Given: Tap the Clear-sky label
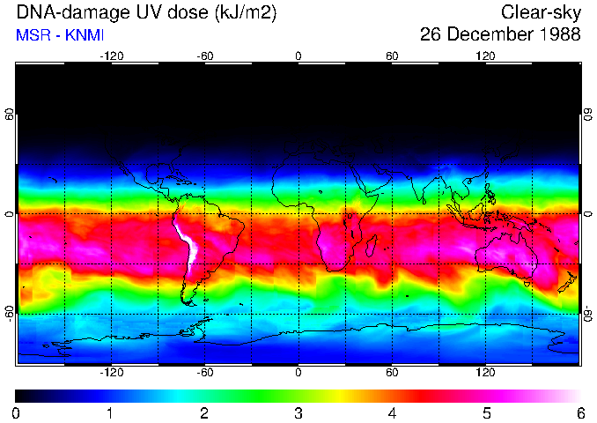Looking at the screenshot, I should tap(541, 13).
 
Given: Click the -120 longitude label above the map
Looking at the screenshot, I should tap(111, 56).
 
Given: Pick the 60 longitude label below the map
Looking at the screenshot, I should tap(392, 373).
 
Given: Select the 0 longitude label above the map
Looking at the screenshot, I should tap(298, 56).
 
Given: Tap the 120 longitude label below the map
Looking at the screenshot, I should tap(485, 373).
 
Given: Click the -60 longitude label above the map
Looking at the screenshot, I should tap(205, 56).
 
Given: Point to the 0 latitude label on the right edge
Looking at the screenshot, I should tap(587, 214).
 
